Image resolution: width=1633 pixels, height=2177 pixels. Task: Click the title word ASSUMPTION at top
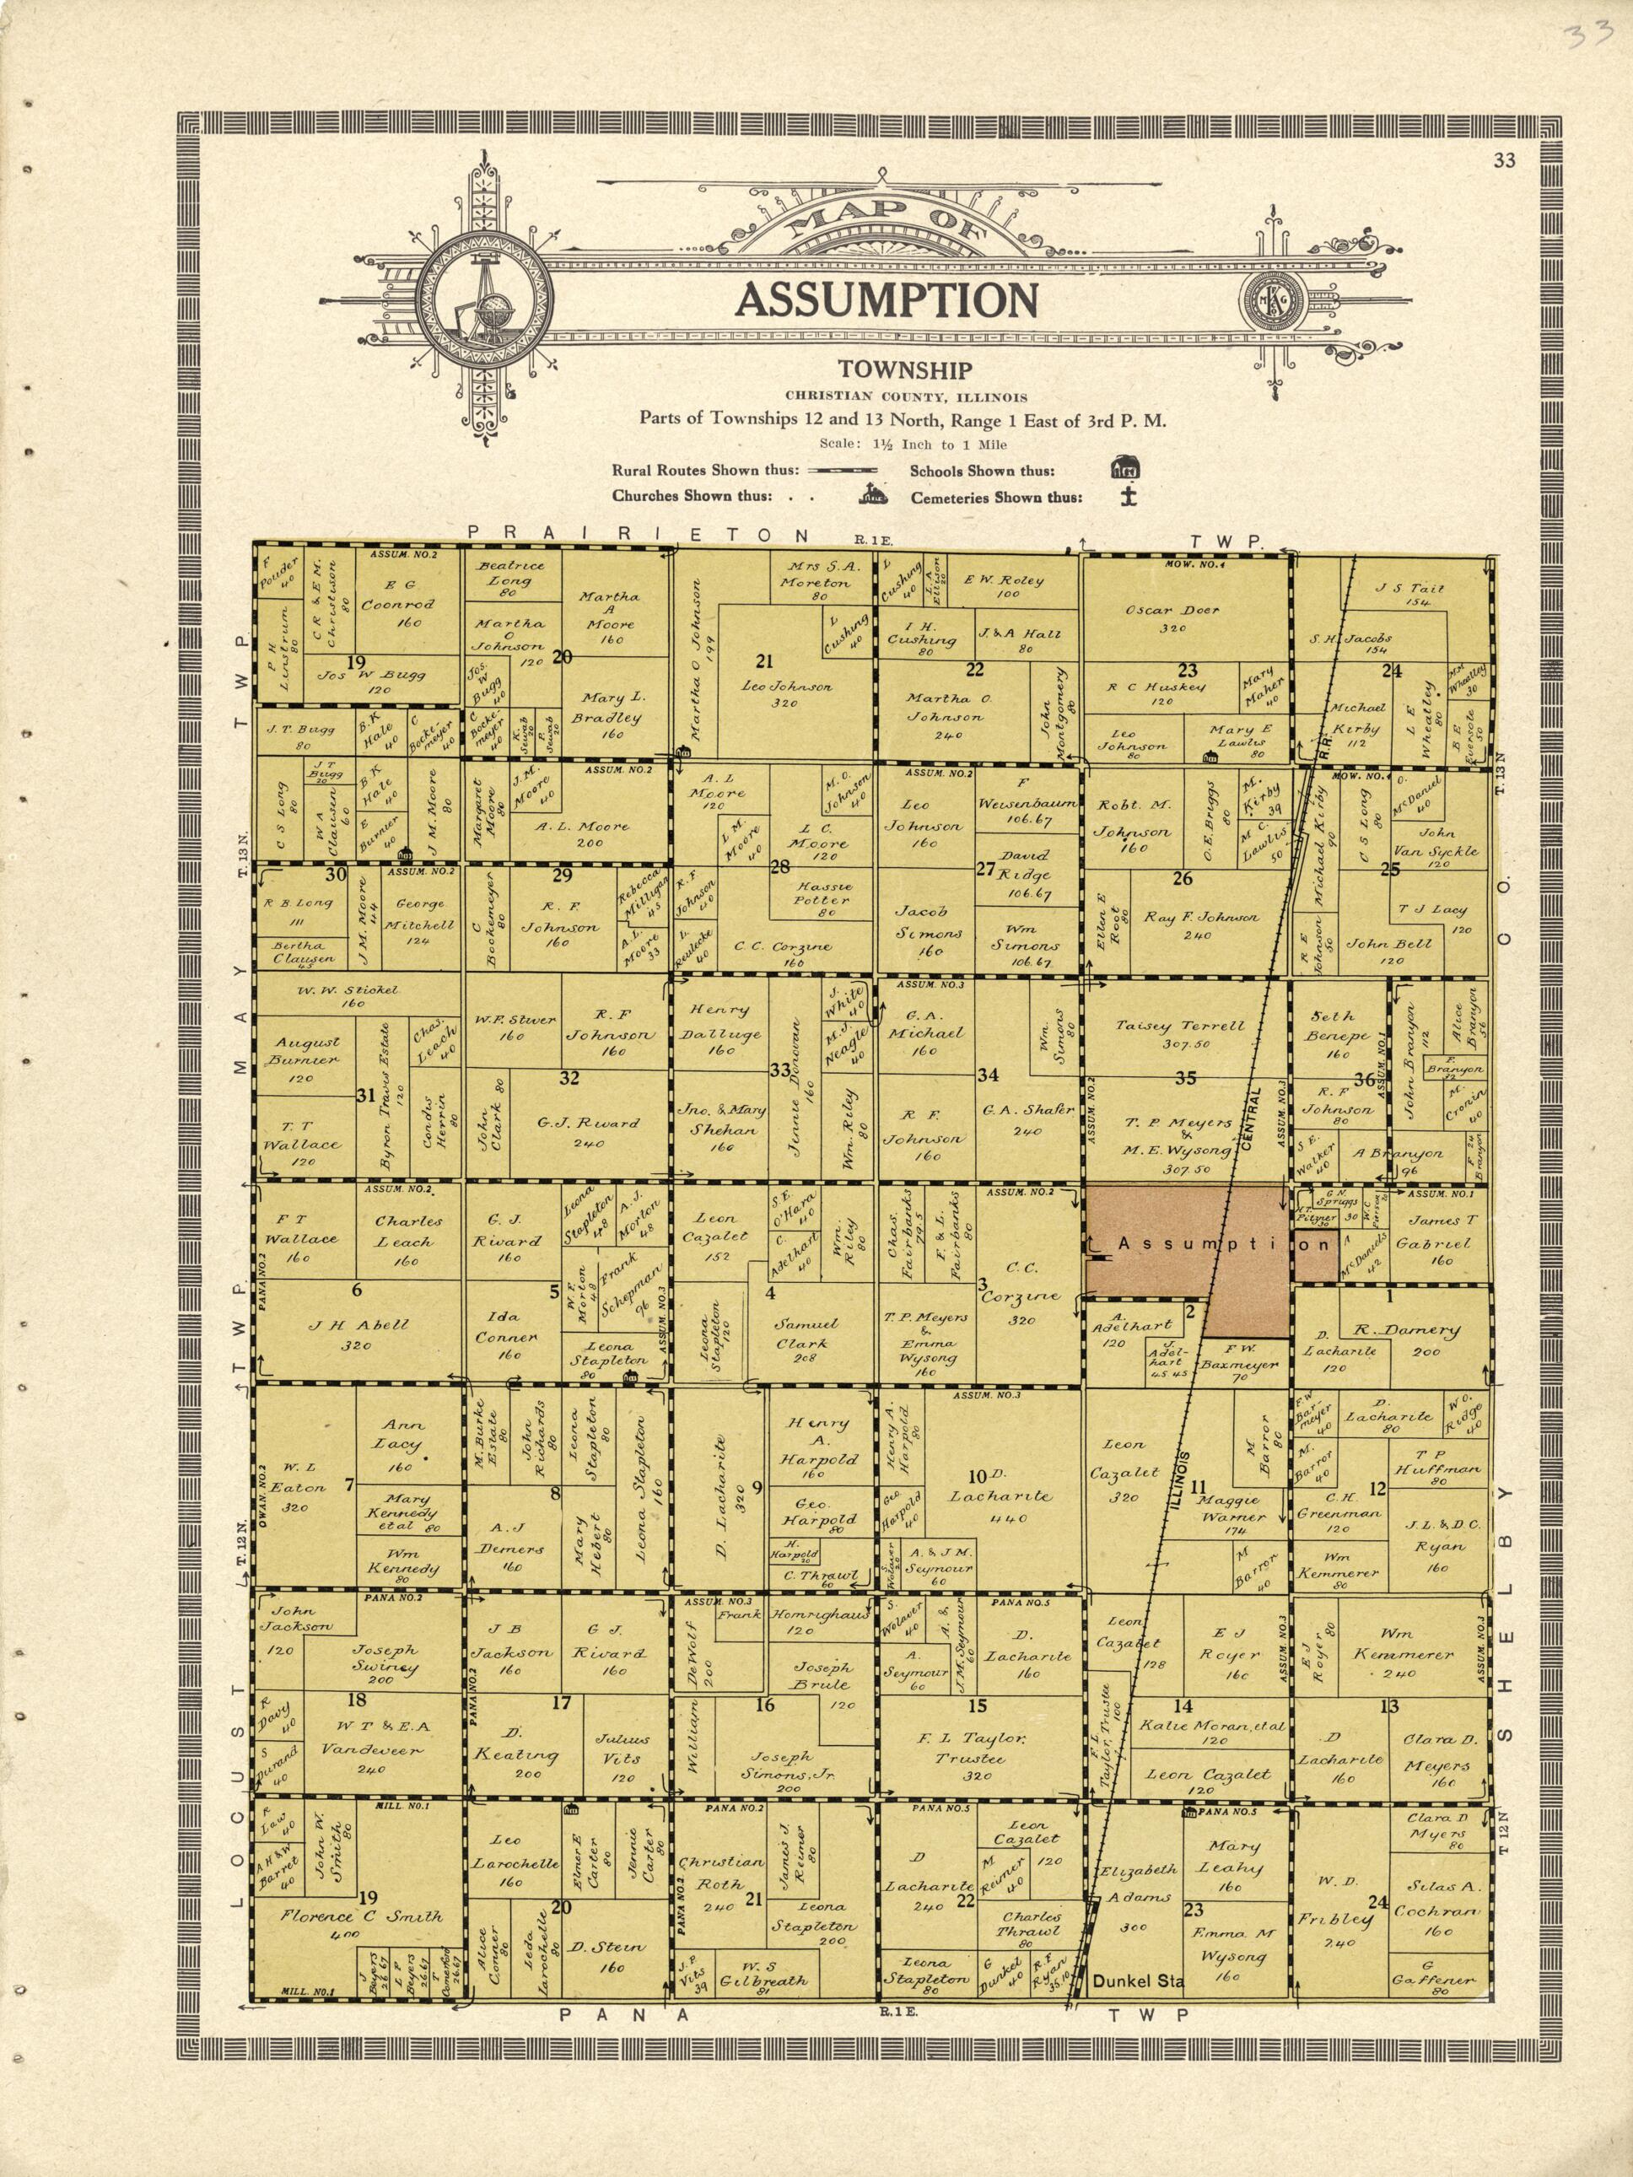pyautogui.click(x=887, y=299)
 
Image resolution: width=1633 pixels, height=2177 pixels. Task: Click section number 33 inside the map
pyautogui.click(x=779, y=1070)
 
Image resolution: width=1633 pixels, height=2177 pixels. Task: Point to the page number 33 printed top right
pyautogui.click(x=1503, y=163)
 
